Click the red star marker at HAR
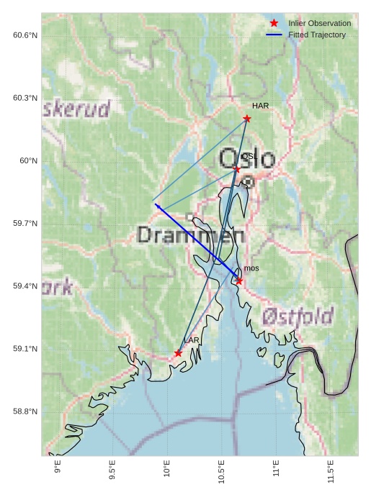(247, 119)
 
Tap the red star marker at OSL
(236, 169)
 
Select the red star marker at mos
(239, 281)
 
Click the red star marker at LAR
(178, 353)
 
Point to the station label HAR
(260, 106)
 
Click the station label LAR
(191, 340)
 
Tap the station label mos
(251, 268)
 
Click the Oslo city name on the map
(247, 159)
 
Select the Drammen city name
(191, 234)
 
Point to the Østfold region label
(298, 316)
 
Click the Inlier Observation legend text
(319, 23)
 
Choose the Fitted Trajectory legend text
(317, 35)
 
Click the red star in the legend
(274, 23)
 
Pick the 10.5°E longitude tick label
(222, 471)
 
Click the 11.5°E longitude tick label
(331, 471)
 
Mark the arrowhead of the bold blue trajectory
(158, 209)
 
